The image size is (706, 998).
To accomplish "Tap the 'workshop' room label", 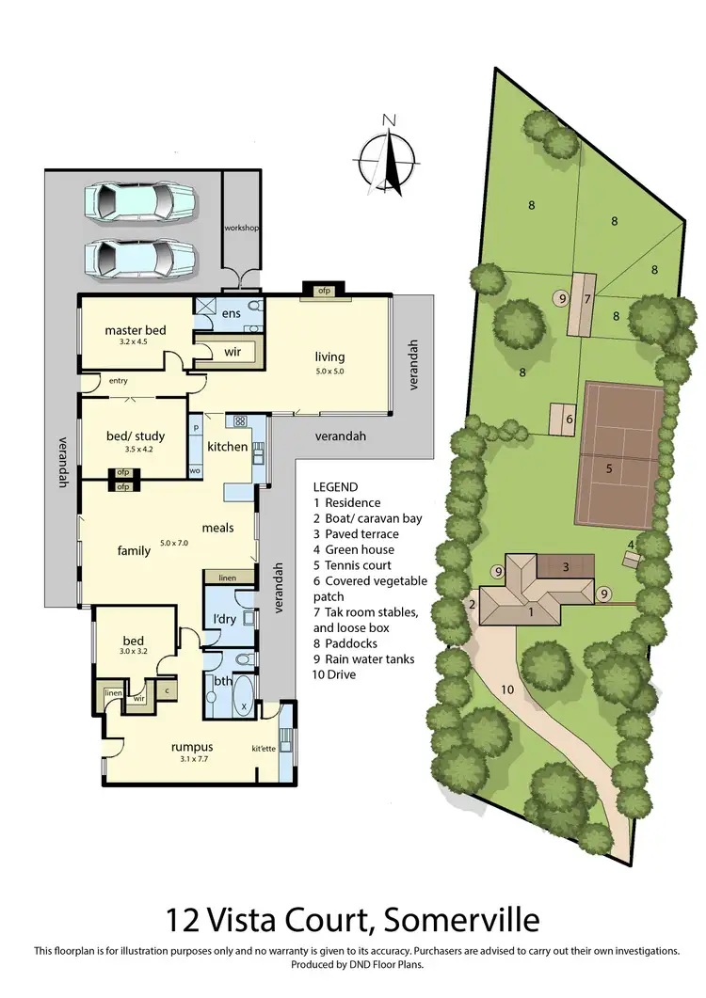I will point(241,229).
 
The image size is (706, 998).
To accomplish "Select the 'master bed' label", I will point(136,330).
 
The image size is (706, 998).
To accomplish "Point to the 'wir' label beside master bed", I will point(233,352).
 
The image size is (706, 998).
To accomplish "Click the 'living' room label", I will point(329,356).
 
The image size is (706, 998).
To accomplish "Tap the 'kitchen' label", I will point(227,447).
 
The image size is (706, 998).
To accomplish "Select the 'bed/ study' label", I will point(133,436).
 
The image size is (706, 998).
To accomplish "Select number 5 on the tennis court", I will point(609,467).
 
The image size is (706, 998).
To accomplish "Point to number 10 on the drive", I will point(506,689).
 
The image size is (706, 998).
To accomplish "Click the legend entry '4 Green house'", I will point(354,549).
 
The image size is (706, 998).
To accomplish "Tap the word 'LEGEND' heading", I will point(336,487).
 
